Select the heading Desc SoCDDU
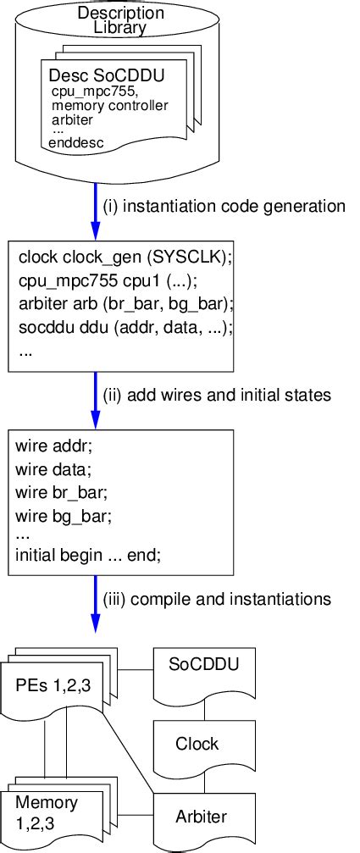click(x=107, y=76)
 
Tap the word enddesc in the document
click(x=76, y=143)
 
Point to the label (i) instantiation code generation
click(x=224, y=206)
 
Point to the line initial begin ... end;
click(x=87, y=556)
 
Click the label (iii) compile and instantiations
click(x=216, y=599)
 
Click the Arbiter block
click(x=201, y=817)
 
